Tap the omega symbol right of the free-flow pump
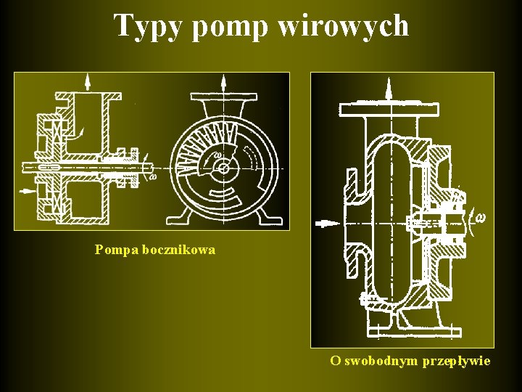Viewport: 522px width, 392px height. click(479, 216)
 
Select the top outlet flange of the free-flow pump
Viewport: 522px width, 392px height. click(389, 110)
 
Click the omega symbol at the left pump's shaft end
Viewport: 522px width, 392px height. click(153, 176)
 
